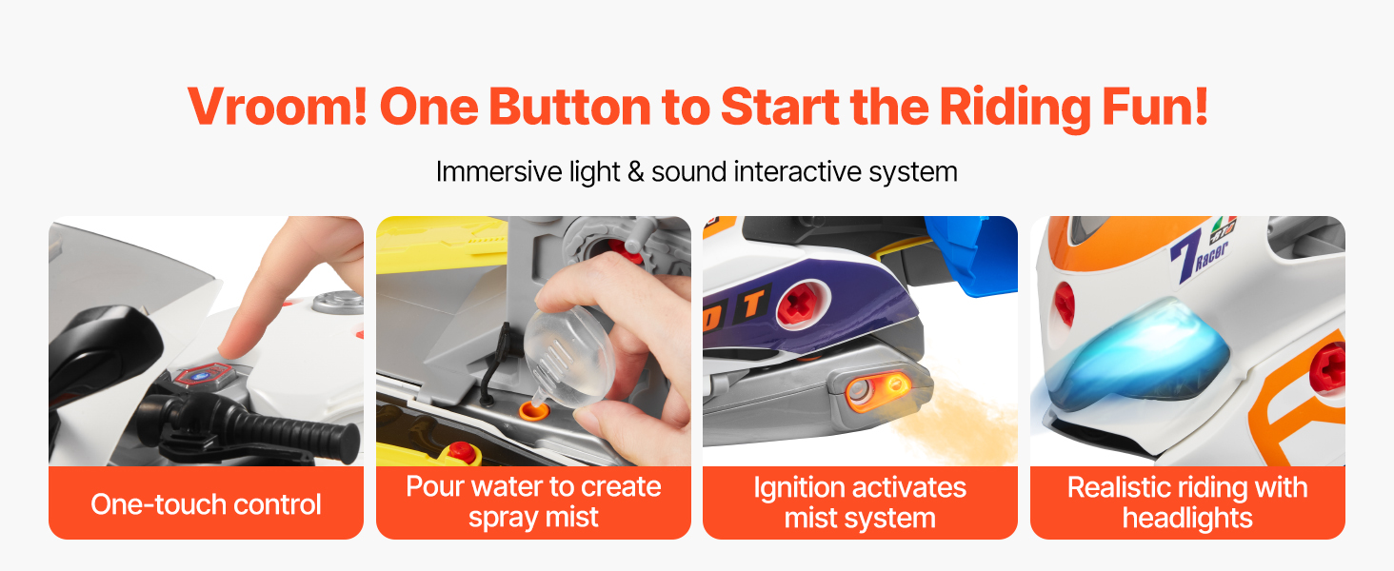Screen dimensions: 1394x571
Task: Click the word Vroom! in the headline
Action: coord(277,107)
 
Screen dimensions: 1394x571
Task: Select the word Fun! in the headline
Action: coord(1155,107)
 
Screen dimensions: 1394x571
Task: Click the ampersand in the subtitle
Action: coord(635,172)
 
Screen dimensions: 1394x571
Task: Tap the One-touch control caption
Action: coord(206,503)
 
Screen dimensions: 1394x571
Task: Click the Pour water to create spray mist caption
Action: coord(533,502)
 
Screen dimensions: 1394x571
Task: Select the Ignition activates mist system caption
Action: coord(860,502)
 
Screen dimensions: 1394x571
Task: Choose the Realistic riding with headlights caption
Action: coord(1187,502)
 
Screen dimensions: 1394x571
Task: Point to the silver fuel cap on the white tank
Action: coord(338,302)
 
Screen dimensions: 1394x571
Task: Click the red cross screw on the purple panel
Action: coord(801,304)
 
